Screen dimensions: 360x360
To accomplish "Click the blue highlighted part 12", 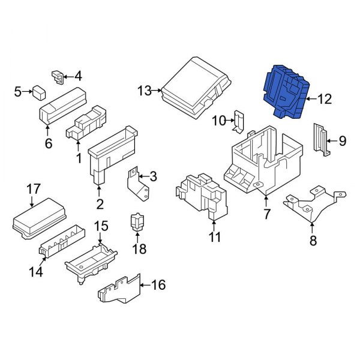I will pyautogui.click(x=284, y=92).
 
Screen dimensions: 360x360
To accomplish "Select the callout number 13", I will pyautogui.click(x=145, y=91).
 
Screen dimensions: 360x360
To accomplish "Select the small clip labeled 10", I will pyautogui.click(x=238, y=121).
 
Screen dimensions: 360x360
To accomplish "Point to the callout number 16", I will pyautogui.click(x=157, y=285).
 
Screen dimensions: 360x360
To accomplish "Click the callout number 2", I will pyautogui.click(x=100, y=204).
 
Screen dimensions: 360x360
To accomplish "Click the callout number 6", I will pyautogui.click(x=49, y=143).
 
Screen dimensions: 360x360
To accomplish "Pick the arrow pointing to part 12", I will pyautogui.click(x=309, y=99).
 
